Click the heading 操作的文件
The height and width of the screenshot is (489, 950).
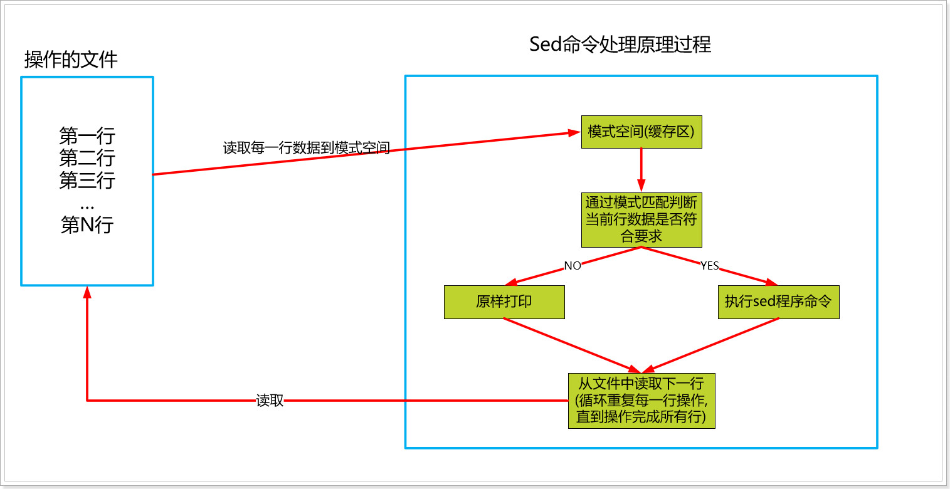click(71, 60)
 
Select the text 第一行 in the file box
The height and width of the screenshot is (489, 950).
click(87, 135)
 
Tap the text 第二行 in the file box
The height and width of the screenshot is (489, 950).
click(87, 157)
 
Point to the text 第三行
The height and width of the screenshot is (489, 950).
click(87, 181)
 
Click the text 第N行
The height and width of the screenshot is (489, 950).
click(87, 224)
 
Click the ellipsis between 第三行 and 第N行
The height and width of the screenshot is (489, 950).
click(87, 205)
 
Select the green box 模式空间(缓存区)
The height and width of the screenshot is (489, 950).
click(641, 132)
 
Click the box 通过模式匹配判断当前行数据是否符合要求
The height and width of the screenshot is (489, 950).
click(641, 219)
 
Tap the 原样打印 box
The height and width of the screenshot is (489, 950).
click(504, 302)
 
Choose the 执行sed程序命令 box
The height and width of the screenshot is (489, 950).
click(778, 302)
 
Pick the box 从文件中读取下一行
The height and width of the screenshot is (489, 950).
click(641, 401)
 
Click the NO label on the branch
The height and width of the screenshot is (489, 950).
click(573, 266)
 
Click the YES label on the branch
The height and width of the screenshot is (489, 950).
click(709, 266)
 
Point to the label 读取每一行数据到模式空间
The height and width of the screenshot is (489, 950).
click(307, 149)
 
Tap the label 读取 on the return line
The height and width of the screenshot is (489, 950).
click(270, 401)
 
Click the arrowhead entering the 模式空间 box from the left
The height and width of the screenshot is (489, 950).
click(574, 132)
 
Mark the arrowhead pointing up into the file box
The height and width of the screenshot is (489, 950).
click(87, 292)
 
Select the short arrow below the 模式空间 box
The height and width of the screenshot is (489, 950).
click(641, 170)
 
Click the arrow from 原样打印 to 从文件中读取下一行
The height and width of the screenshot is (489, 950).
click(571, 345)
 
